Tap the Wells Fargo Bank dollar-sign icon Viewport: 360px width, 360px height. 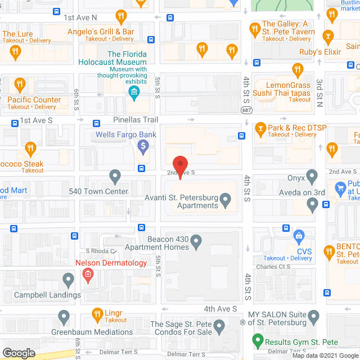pos(143,147)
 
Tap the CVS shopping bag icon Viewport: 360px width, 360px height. pos(300,236)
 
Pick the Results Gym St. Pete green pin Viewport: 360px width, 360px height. pos(258,340)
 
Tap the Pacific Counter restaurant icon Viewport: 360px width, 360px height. pos(20,85)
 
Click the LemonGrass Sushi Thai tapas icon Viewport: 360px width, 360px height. pos(298,70)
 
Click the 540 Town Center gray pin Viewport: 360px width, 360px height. pos(115,177)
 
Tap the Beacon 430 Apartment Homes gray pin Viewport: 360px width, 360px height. pos(196,243)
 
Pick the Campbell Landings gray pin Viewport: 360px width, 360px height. pos(68,280)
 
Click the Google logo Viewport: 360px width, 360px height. pos(19,353)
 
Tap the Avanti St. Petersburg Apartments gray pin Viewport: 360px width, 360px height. pos(226,199)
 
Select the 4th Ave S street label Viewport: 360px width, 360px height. pos(220,309)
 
